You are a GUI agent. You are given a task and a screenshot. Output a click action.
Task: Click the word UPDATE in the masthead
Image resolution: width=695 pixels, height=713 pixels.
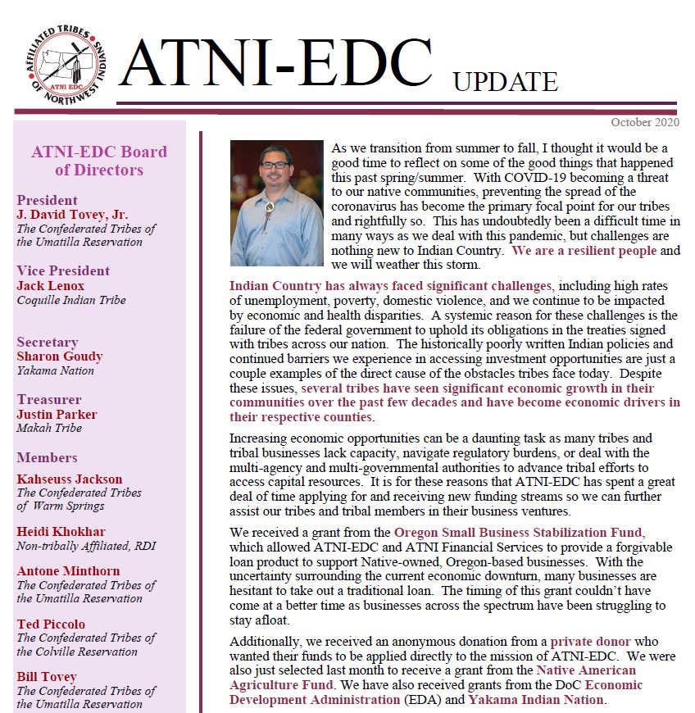(505, 82)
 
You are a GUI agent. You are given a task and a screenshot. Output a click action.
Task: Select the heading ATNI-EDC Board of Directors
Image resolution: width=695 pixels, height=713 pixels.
(98, 161)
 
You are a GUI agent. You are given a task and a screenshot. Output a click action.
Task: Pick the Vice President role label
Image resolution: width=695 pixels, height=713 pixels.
(63, 271)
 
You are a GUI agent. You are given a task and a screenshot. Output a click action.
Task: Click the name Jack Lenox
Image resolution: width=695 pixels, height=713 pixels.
(52, 286)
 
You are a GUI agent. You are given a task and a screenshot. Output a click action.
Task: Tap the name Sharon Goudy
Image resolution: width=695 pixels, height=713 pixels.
(60, 356)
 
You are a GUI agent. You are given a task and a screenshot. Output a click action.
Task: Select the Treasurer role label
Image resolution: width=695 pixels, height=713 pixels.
(49, 400)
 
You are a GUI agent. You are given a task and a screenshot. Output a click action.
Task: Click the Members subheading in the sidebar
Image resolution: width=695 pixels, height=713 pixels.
(47, 457)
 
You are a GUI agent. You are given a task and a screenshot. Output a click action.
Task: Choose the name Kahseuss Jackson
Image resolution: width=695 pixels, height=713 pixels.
(70, 479)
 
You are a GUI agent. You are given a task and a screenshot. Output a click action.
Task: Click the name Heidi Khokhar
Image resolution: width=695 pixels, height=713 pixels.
(61, 532)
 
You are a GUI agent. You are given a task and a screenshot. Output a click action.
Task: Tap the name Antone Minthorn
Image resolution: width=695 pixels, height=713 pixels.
(68, 571)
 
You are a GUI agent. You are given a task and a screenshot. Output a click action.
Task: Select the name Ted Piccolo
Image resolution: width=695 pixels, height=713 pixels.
(51, 624)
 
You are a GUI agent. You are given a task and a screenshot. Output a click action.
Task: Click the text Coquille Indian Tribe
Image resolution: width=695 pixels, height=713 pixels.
(71, 300)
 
